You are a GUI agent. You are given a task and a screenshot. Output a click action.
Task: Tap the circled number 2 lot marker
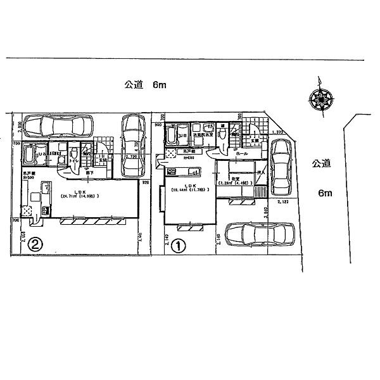coord(37,243)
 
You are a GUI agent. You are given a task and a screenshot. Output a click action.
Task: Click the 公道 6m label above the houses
coord(144,85)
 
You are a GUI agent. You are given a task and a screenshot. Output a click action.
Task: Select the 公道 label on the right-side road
coord(322,163)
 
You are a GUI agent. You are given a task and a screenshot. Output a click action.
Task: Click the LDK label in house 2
coord(80,191)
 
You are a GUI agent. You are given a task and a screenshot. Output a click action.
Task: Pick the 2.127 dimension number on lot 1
coord(282,202)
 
